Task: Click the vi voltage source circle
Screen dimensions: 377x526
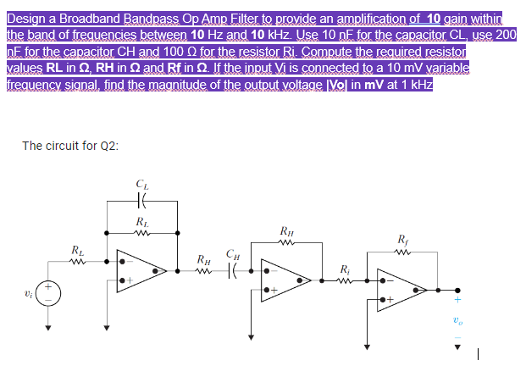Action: pyautogui.click(x=48, y=298)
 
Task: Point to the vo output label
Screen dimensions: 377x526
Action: pyautogui.click(x=460, y=320)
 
